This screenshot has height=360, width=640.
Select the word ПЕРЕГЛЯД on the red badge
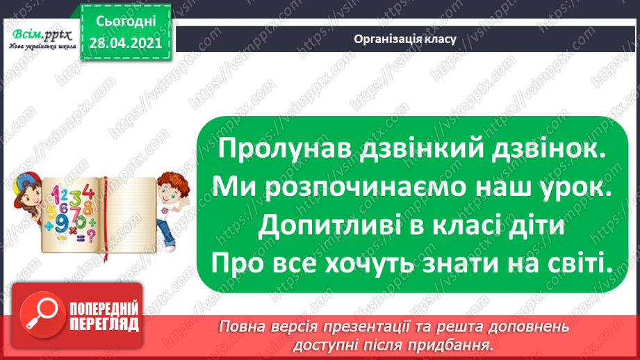click(104, 325)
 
